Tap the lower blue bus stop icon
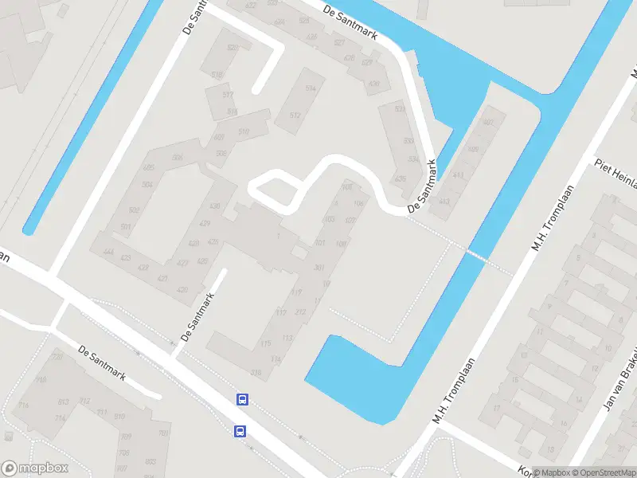240,431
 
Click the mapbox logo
35,468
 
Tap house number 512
295,116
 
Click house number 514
311,88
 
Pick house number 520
233,48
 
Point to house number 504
147,185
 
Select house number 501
125,227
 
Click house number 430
215,206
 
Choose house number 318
256,373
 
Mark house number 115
265,343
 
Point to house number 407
350,220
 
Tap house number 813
63,401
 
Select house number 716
24,406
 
